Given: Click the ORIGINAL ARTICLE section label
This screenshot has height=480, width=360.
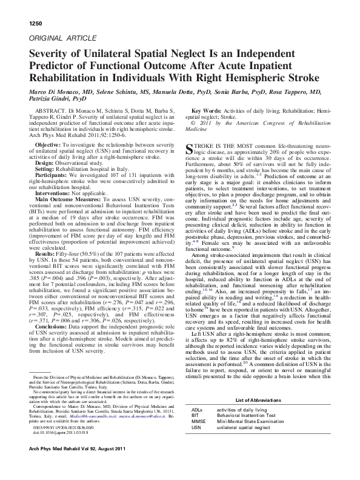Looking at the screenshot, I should click(55, 38).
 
